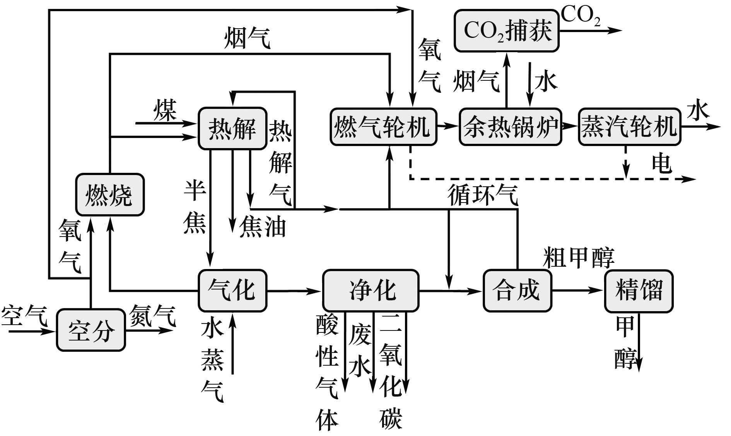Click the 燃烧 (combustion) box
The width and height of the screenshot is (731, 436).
coord(110,195)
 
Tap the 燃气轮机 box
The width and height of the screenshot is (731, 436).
coord(383,127)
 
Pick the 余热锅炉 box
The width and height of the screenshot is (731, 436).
coord(510,127)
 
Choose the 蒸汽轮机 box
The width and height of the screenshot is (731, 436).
coord(629,127)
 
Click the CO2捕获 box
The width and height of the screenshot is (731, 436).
coord(506,31)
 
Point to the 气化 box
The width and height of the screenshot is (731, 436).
coord(232,290)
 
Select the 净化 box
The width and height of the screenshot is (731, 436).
coord(371,290)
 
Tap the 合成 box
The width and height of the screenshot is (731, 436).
coord(517,290)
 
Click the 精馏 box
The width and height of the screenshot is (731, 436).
coord(639,290)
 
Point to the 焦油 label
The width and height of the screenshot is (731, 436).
coord(263,227)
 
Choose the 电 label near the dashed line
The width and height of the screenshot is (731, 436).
coord(661,163)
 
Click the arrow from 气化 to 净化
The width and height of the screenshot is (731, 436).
coord(294,291)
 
